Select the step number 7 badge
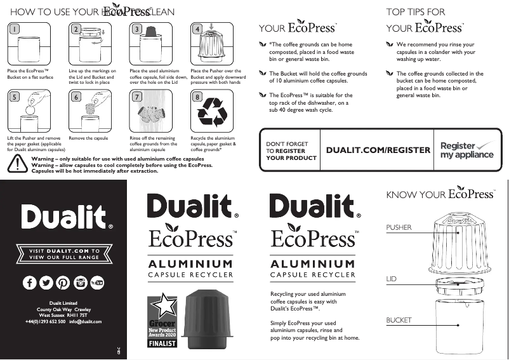136,97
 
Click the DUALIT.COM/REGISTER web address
378,150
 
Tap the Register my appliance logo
466,150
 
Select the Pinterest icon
63,283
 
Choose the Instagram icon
81,283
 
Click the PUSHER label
399,227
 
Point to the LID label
391,279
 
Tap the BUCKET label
399,320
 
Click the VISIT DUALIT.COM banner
63,254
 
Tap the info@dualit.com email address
86,322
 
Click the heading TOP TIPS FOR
416,11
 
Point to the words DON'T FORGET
287,144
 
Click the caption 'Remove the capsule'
88,138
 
